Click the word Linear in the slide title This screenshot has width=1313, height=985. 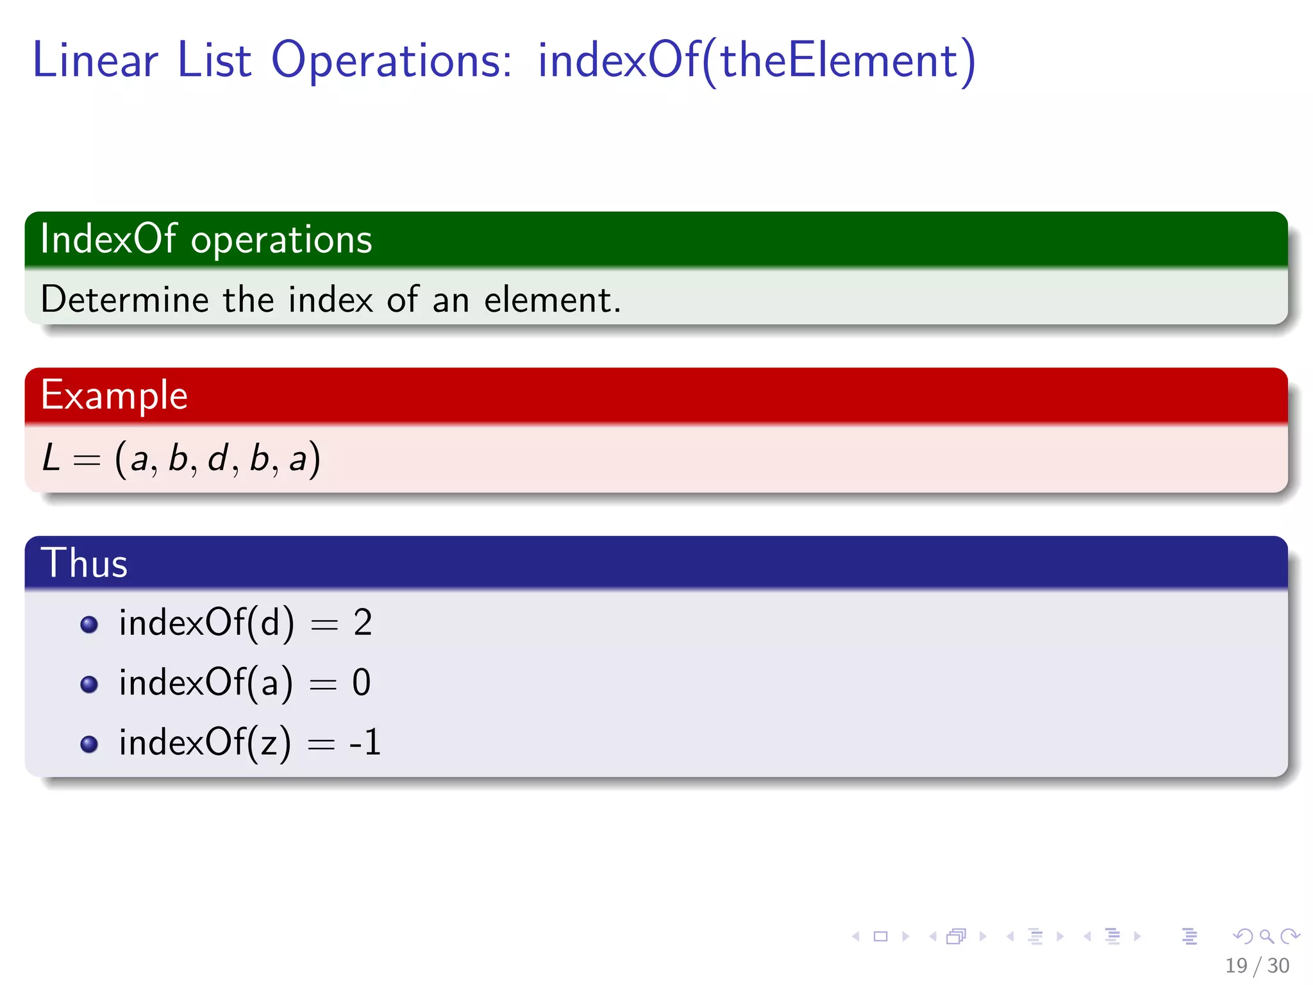coord(95,61)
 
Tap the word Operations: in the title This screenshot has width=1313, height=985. coord(391,61)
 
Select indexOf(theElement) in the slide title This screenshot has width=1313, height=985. coord(757,61)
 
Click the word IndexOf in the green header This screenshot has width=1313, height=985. coord(108,239)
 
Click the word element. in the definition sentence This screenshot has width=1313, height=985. coord(552,299)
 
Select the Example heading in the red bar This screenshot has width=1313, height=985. coord(114,395)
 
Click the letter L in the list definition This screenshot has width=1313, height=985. coord(51,459)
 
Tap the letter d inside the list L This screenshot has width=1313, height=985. coord(218,459)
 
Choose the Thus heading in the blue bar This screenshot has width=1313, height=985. coord(84,563)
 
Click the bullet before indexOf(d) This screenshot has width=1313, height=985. coord(89,624)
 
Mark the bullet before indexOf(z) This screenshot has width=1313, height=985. coord(89,744)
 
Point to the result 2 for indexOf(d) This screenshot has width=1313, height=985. coord(362,623)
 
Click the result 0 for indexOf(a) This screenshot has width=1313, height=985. coord(361,682)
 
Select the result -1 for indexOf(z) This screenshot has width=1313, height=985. coord(365,743)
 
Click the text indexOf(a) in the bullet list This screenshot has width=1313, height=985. coord(206,682)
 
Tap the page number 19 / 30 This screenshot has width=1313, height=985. coord(1257,965)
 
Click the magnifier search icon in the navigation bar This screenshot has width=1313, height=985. coord(1266,936)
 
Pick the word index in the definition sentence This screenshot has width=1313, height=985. coord(330,299)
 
